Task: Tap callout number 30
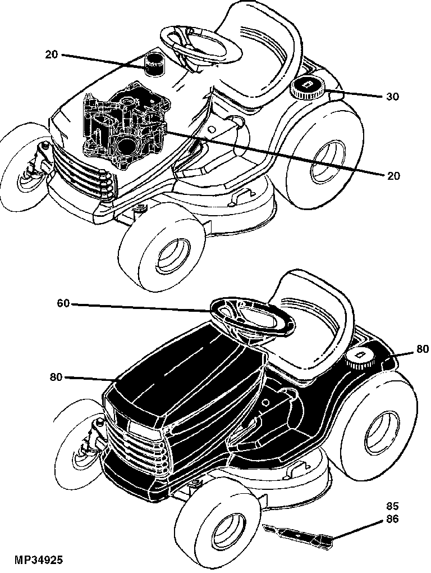[x=392, y=97]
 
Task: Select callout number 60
[x=63, y=303]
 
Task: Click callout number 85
[x=392, y=507]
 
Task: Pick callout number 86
[x=392, y=519]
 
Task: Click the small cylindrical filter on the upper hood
[x=153, y=64]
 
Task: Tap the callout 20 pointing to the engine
[x=393, y=176]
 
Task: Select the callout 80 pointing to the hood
[x=57, y=376]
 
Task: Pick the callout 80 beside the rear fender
[x=423, y=349]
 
